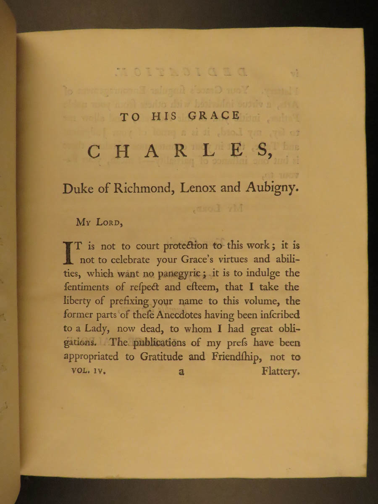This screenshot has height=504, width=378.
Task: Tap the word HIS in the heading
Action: [164, 117]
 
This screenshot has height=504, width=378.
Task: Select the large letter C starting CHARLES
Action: [95, 151]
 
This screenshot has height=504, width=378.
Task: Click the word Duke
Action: [78, 189]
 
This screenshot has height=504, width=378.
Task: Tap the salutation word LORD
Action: [109, 223]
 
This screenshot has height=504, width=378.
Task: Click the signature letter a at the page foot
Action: [181, 372]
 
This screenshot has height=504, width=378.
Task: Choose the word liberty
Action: [79, 301]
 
